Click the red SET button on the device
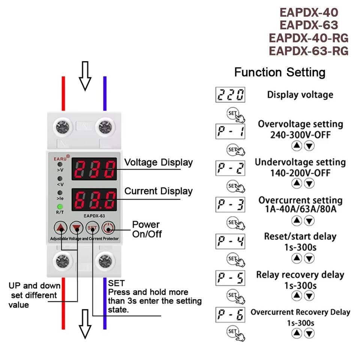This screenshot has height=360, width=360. tap(92, 228)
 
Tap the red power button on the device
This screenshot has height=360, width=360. tap(108, 228)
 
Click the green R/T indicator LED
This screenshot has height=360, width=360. tap(60, 207)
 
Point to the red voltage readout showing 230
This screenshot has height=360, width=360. tap(94, 169)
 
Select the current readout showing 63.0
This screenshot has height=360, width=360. tap(94, 200)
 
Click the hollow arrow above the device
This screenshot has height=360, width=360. tap(85, 76)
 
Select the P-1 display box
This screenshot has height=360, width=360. tap(231, 131)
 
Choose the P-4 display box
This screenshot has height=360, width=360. tap(231, 241)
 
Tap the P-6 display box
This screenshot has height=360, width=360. tap(231, 314)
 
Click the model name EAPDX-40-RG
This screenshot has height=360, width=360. tap(309, 38)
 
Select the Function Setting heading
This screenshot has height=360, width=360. tap(280, 72)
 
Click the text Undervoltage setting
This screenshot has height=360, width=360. tap(300, 162)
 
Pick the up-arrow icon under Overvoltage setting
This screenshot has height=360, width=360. tap(297, 146)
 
